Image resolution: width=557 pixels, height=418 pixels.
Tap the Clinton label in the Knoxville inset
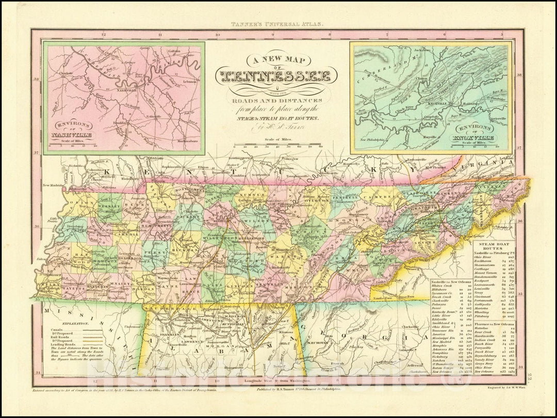pos(422,79)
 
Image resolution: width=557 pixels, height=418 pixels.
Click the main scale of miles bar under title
pos(278,147)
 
